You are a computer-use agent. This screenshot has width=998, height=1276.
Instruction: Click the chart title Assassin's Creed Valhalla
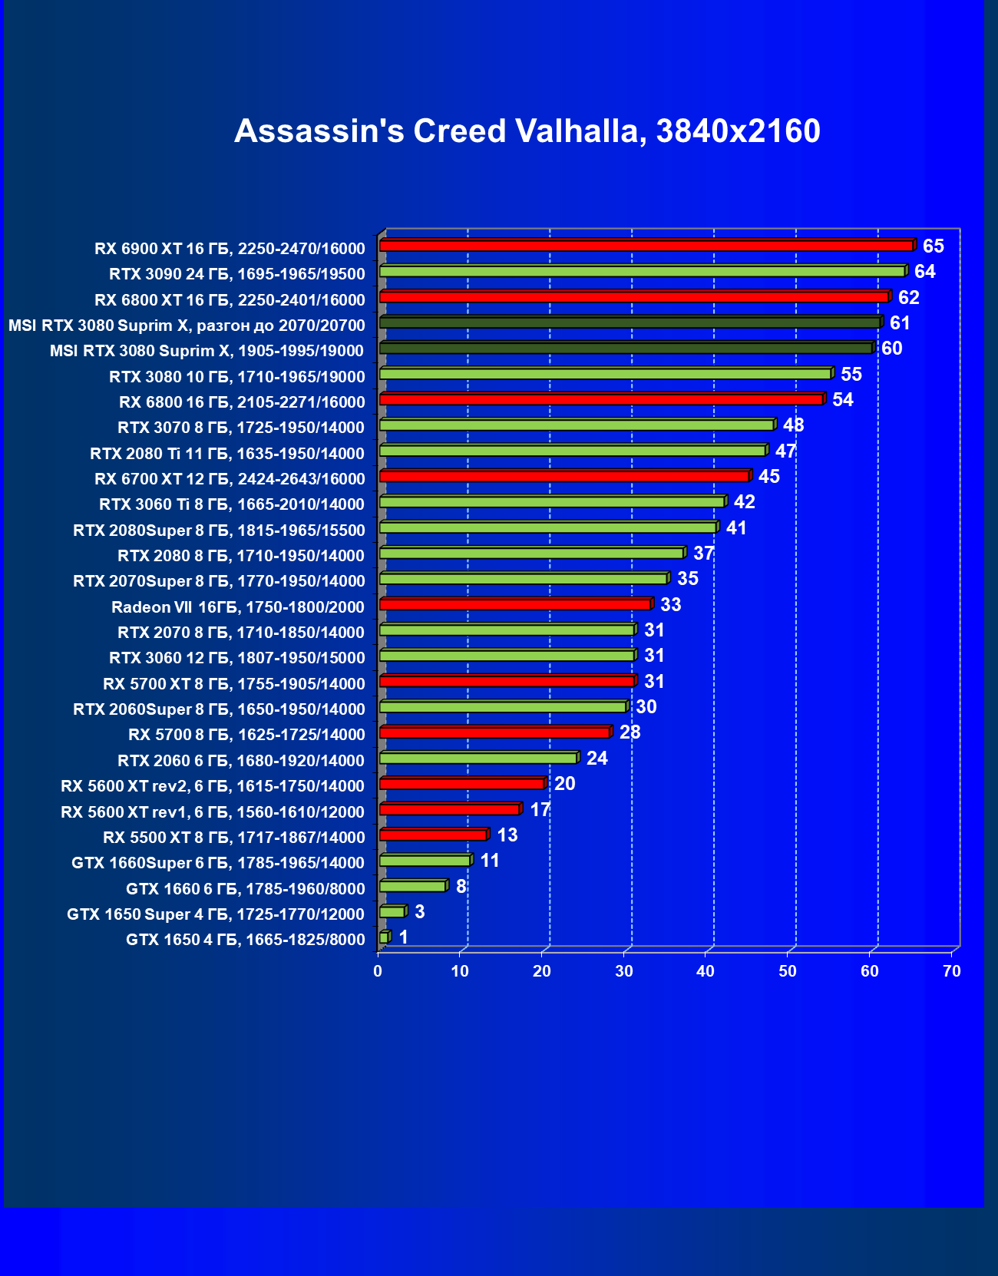[527, 131]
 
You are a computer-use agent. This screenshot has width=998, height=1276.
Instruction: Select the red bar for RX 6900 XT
[646, 246]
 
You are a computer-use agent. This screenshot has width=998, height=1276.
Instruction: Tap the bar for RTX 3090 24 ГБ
[642, 271]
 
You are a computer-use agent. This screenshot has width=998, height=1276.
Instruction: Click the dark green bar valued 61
[630, 322]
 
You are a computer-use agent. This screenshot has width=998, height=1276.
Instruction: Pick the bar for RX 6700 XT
[563, 476]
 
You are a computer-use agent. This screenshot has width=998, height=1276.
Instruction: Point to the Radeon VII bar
[514, 604]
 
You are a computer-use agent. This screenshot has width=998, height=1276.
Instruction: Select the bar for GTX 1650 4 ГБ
[384, 937]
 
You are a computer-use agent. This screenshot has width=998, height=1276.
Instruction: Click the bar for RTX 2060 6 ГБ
[478, 758]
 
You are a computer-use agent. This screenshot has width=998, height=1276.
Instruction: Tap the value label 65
[933, 246]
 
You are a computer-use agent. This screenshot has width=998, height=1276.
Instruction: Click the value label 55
[851, 374]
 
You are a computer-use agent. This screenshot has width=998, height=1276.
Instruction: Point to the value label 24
[596, 759]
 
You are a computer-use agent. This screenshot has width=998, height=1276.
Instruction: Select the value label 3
[419, 912]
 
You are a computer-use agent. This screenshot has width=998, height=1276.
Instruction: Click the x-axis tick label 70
[951, 971]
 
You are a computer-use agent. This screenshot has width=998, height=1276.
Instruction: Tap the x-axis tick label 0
[378, 971]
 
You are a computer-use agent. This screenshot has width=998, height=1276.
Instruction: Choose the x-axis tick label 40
[706, 971]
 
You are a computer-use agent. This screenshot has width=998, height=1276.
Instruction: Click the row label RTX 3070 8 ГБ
[241, 428]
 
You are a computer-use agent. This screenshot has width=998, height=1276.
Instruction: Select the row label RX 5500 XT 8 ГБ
[234, 838]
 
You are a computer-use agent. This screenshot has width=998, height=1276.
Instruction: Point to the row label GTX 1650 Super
[216, 914]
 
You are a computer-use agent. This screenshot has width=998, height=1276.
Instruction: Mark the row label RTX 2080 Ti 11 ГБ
[227, 453]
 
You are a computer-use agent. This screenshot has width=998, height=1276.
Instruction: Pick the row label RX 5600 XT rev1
[213, 812]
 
